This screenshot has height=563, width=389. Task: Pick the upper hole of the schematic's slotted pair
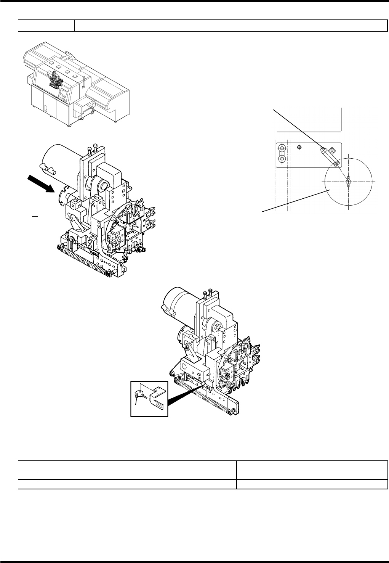point(282,148)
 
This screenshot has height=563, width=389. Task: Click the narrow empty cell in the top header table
point(46,26)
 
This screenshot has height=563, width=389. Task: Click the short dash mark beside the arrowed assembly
point(34,215)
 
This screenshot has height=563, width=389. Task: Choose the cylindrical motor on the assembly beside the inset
point(179,305)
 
